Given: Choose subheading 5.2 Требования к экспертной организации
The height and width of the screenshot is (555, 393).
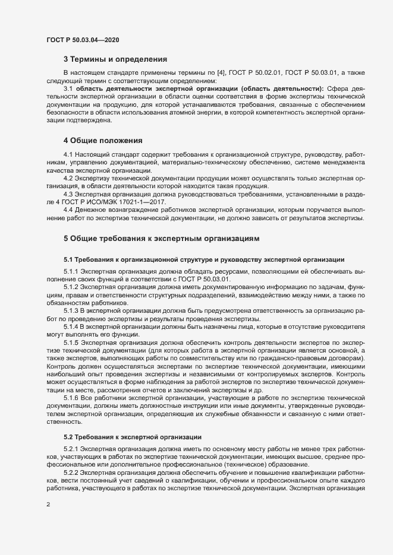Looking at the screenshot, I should pyautogui.click(x=137, y=436).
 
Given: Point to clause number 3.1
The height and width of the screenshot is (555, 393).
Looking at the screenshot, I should pyautogui.click(x=68, y=88).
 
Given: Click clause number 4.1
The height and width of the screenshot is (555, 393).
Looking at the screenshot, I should pyautogui.click(x=68, y=155).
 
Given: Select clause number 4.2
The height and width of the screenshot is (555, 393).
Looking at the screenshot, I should pyautogui.click(x=68, y=179).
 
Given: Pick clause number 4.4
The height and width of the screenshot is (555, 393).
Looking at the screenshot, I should pyautogui.click(x=68, y=210).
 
